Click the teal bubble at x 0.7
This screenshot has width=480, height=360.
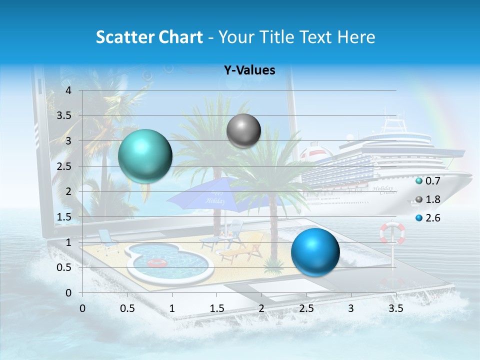(145, 156)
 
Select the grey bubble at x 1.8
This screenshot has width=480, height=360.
(243, 130)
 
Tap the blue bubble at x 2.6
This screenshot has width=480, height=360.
(315, 252)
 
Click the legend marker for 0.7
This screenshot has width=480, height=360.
(419, 180)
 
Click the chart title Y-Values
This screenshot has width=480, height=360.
(249, 70)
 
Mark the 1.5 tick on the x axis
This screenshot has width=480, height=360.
(217, 308)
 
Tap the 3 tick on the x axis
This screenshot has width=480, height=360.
(351, 308)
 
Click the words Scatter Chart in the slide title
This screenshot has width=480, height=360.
(149, 37)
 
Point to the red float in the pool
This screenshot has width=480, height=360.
(156, 263)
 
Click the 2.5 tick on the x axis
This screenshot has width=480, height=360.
(306, 308)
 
